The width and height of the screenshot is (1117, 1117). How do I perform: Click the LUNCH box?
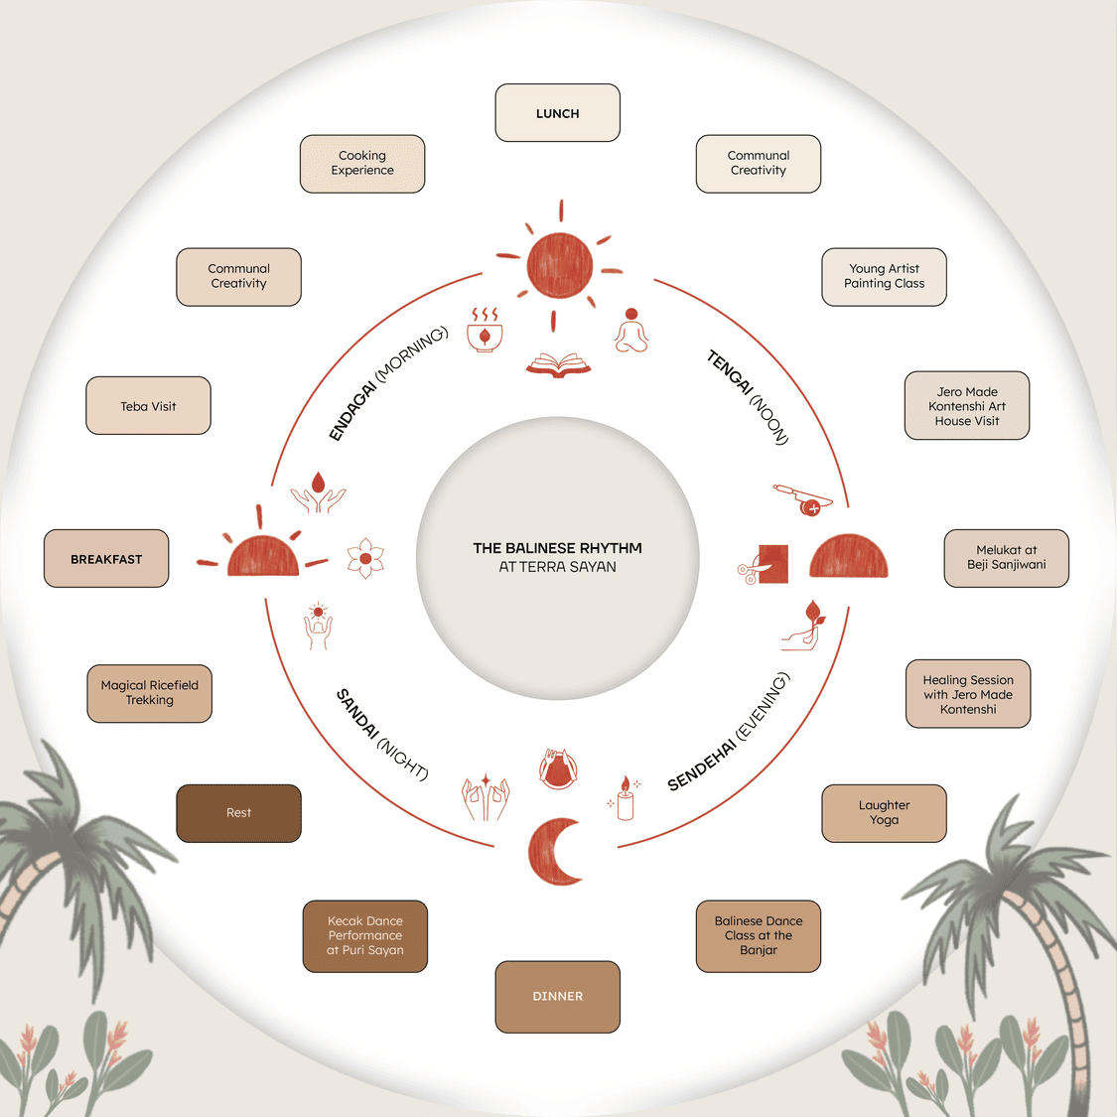point(558,113)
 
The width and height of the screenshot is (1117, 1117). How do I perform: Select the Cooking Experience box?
point(362,164)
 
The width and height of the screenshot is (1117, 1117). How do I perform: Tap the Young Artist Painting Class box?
point(884,277)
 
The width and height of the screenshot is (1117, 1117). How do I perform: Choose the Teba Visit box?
point(149,406)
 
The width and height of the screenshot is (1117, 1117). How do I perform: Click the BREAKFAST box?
point(106,559)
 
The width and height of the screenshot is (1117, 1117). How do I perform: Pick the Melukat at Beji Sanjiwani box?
point(1006,558)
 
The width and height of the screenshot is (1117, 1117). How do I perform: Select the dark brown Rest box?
point(238,813)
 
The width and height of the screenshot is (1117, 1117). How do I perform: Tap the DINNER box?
point(558,997)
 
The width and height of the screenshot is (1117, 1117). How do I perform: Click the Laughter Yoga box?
point(884,813)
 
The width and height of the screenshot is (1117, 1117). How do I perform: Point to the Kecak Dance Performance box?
point(364,936)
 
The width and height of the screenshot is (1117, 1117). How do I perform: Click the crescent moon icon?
point(554,852)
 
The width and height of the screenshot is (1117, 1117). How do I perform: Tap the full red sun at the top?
point(560,266)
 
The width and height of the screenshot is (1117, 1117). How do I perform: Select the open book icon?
point(558,365)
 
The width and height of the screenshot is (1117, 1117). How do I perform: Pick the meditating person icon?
point(631,331)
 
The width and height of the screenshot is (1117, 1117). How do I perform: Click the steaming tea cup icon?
point(485,331)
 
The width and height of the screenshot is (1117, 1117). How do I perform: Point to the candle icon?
point(625,799)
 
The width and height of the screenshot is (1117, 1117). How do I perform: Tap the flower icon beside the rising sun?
point(365,559)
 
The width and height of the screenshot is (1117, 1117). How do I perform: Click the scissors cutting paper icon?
point(765,565)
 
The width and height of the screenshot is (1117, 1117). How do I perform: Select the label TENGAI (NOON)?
point(748,396)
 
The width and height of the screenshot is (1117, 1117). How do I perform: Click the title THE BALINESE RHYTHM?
point(558,548)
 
